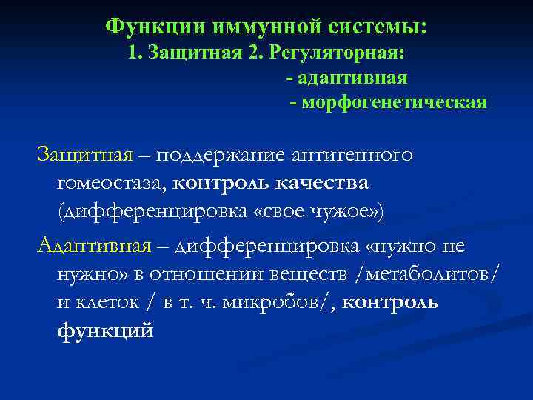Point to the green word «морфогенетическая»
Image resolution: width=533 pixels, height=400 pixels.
[x=393, y=101]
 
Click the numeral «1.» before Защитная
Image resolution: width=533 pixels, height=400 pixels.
[x=135, y=53]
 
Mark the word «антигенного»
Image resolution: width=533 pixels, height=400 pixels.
[x=354, y=156]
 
